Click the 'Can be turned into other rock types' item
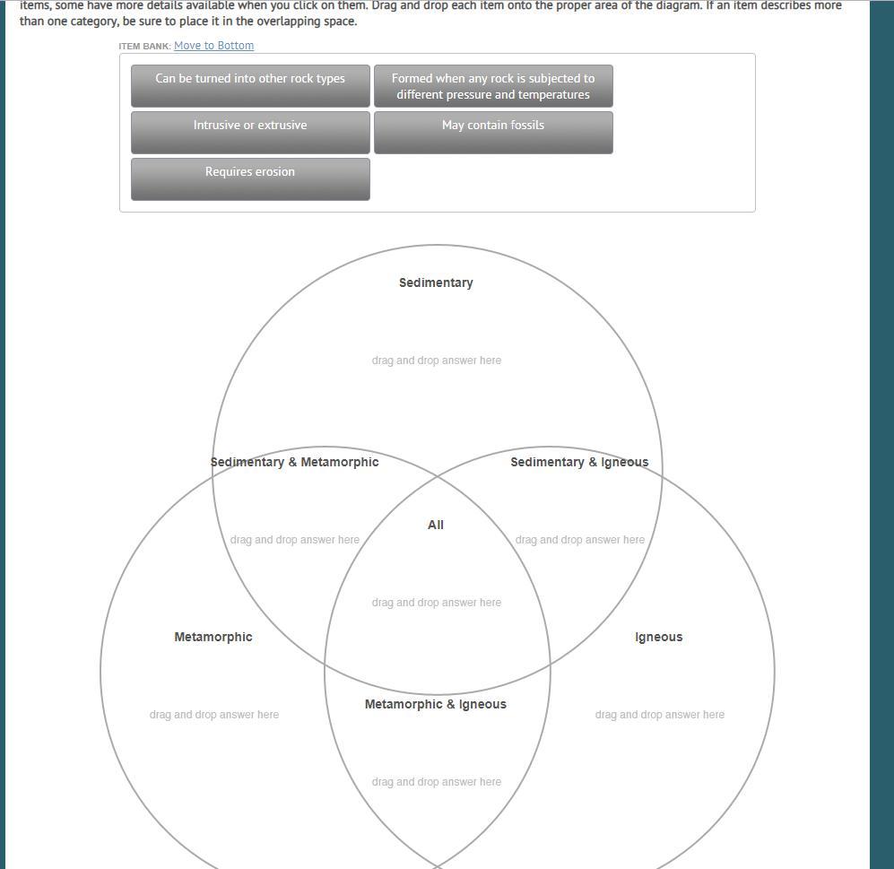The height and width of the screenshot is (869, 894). point(250,85)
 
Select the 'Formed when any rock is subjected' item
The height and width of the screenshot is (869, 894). point(493,86)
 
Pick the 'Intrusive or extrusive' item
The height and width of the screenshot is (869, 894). point(250,132)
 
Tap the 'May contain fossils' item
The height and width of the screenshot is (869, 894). point(493,132)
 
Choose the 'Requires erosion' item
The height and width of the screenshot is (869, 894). point(250,178)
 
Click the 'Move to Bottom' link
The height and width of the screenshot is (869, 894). point(213,46)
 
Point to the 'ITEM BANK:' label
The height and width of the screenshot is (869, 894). point(144,46)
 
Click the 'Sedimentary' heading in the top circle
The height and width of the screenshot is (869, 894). point(436,282)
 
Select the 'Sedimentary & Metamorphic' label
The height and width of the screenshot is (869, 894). point(294,462)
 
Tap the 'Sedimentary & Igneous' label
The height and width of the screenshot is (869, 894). point(579,462)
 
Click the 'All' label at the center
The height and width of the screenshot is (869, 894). point(436,525)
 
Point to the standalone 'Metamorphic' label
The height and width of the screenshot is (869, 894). point(213,637)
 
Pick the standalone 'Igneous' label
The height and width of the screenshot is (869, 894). point(659,637)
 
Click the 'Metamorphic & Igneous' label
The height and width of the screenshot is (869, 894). point(436,704)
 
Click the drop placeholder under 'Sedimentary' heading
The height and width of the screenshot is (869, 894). point(437,361)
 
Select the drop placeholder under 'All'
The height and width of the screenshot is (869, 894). point(437,603)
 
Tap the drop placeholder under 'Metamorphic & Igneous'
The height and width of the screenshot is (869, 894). point(437,782)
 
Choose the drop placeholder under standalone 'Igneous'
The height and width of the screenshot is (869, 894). point(660,715)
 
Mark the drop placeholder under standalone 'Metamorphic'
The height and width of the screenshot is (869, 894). point(214,715)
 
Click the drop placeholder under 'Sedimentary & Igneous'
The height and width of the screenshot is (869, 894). point(580,540)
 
